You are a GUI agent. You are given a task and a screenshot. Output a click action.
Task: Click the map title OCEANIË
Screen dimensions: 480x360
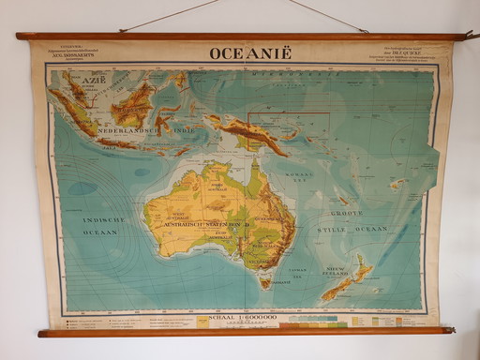(x=250, y=52)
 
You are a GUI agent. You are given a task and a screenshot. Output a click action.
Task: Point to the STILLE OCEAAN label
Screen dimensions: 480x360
(x=357, y=228)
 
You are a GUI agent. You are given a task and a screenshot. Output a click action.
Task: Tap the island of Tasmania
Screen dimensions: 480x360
(x=267, y=281)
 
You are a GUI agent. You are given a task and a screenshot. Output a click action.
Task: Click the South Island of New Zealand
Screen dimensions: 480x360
(x=337, y=290)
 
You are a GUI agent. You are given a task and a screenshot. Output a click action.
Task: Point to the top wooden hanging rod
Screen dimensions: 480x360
(x=239, y=37)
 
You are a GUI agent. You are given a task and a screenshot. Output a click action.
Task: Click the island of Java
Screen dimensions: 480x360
(x=116, y=142)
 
